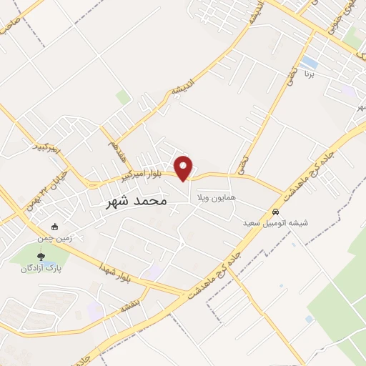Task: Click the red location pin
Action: [x=184, y=167]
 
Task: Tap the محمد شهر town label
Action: [x=136, y=201]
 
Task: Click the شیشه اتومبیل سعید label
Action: [x=274, y=223]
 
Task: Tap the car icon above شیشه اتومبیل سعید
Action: [x=275, y=212]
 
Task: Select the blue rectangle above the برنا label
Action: [x=310, y=62]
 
